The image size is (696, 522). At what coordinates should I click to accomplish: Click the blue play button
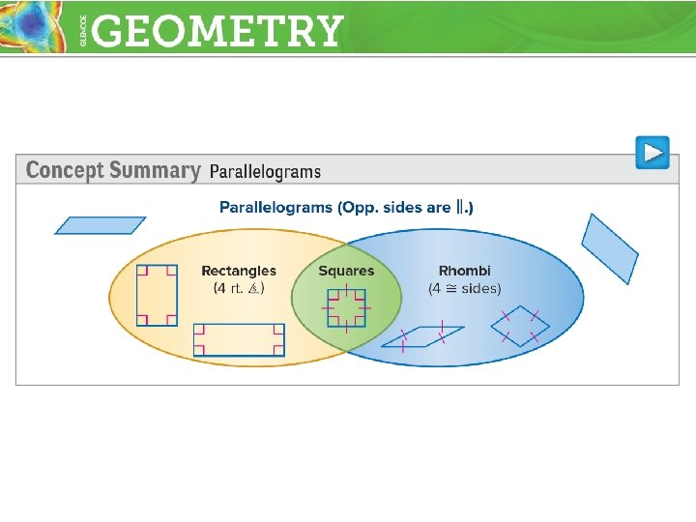point(652,153)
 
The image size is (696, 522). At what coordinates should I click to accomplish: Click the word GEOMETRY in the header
point(219,31)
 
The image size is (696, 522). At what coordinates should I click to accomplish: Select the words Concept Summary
point(112,171)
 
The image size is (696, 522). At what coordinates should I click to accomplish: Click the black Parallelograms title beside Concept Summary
point(265,172)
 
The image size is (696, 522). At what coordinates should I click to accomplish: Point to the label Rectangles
point(239,271)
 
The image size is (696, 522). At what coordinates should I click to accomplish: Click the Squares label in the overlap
point(346,271)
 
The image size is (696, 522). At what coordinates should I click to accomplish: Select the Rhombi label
point(465,271)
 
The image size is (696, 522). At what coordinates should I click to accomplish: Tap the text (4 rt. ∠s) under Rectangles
point(239,288)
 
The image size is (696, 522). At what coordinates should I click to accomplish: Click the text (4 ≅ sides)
point(465,288)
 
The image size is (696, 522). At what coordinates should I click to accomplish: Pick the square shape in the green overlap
point(346,308)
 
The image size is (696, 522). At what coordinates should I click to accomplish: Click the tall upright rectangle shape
point(157,295)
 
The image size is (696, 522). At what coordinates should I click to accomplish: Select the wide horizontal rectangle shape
point(239,340)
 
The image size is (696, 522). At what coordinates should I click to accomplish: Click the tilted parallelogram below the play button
point(610,247)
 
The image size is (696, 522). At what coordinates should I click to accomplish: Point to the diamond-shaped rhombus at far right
point(520,326)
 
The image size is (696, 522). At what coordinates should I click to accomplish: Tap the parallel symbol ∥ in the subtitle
point(462,207)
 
